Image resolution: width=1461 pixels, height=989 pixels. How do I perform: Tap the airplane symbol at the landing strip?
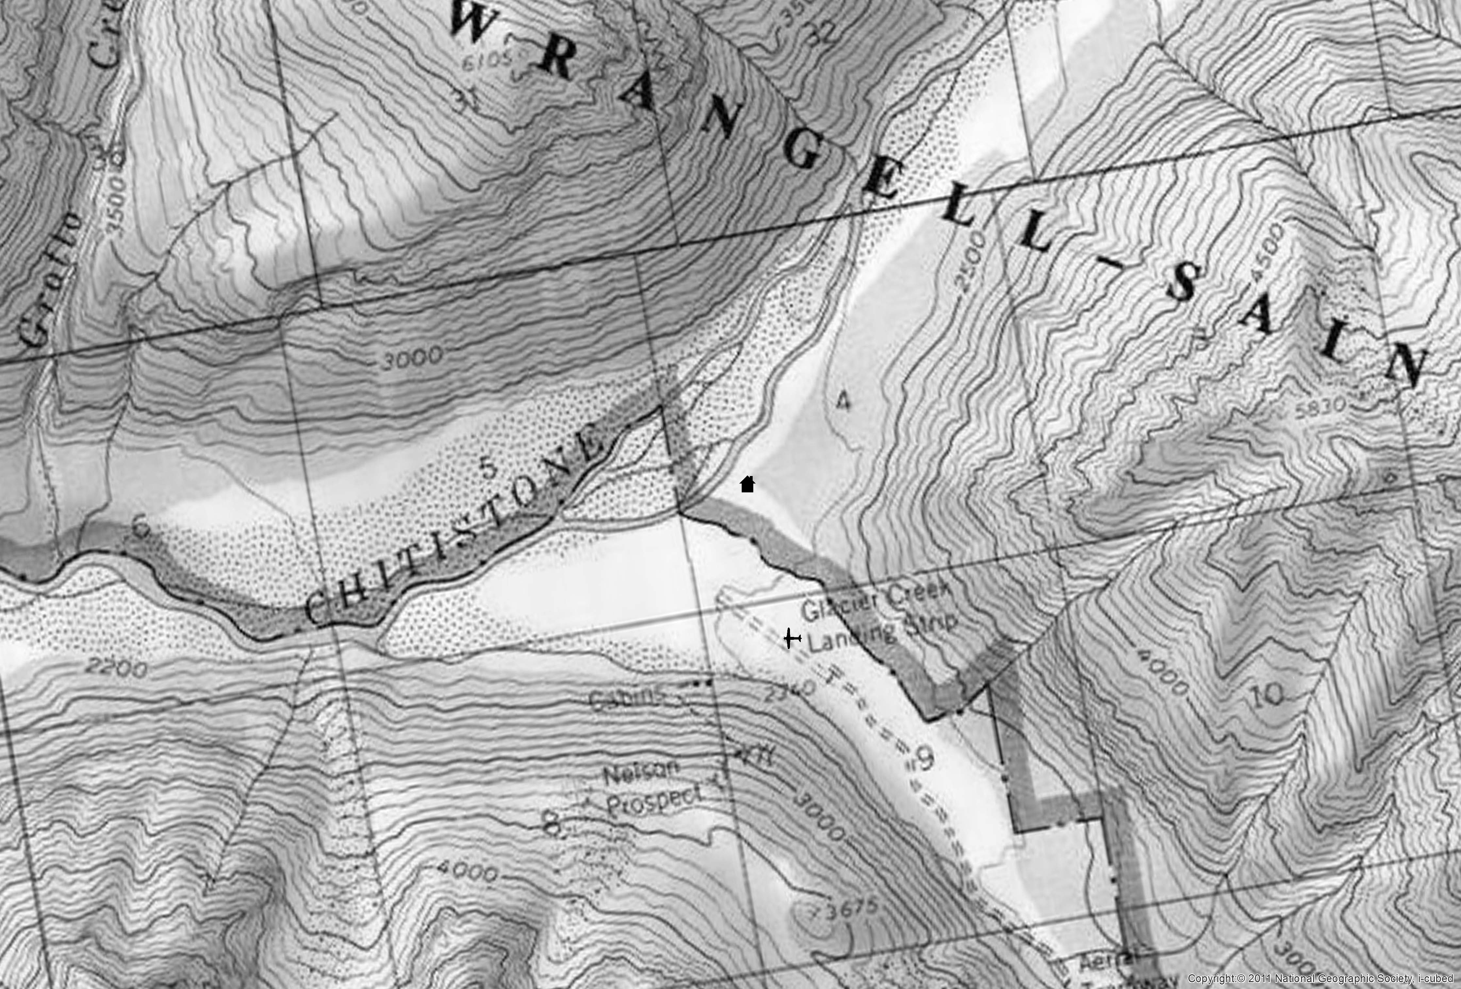(792, 639)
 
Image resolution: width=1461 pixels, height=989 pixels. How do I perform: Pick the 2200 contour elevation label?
(116, 667)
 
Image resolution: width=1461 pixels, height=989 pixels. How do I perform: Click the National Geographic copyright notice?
(1320, 978)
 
